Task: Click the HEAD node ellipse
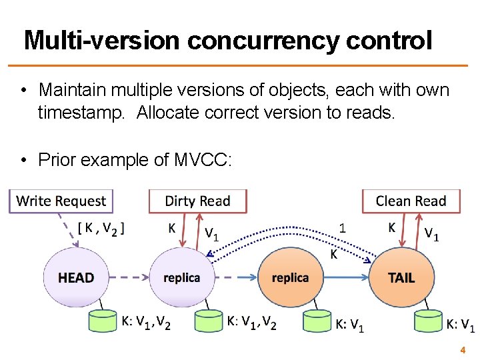coord(76,277)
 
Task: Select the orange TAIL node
coord(401,277)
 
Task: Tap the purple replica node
coord(181,277)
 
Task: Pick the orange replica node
coord(290,277)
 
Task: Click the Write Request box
coord(61,201)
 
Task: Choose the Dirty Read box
coord(197,201)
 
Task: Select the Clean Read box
coord(411,201)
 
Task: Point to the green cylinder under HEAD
coord(103,321)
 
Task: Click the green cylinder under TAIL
coord(427,321)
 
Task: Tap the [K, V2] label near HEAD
coord(101,228)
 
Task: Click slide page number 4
coord(462,349)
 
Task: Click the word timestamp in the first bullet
coord(81,113)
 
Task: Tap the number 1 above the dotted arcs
coord(343,227)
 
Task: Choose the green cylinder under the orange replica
coord(317,321)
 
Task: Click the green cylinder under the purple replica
coord(208,321)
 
